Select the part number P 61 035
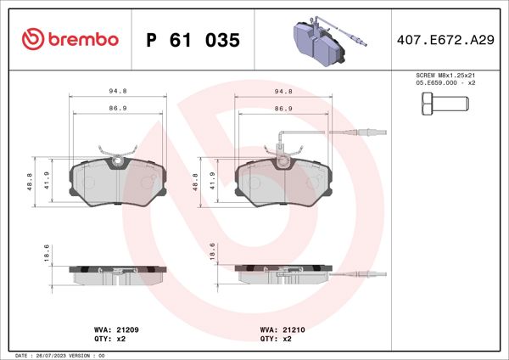point(193,40)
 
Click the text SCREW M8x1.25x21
point(445,76)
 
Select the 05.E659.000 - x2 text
point(445,83)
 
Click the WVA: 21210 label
point(276,329)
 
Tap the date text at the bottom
point(59,355)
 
